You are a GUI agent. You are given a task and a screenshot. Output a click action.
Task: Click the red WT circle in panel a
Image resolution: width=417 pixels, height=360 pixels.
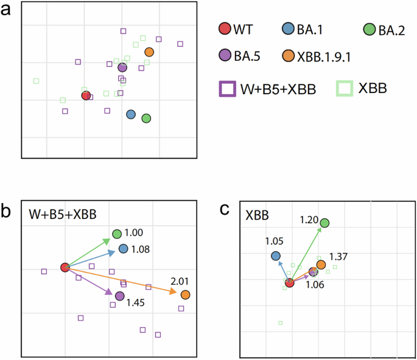coord(86,95)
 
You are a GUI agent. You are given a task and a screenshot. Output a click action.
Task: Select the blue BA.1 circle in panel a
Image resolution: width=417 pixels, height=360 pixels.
coord(131,114)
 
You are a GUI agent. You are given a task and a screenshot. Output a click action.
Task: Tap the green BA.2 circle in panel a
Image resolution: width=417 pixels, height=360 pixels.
coord(146,118)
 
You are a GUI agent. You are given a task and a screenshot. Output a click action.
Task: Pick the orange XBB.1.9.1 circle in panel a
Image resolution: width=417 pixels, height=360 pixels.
coord(149,52)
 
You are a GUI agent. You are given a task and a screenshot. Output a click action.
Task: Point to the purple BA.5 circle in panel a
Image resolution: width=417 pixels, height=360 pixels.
coord(122,67)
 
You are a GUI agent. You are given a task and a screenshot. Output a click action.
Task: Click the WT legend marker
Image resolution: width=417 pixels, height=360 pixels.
coord(224,29)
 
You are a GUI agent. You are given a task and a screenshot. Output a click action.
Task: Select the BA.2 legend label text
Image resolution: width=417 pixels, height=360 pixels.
coord(392,29)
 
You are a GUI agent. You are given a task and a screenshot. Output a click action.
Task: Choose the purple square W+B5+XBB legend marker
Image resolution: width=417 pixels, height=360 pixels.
coord(227,89)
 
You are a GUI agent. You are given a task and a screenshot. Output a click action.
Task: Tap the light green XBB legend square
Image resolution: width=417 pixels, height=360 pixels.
coord(344,89)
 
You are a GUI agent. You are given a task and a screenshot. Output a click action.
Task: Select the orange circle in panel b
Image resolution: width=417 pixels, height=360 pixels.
coord(185,294)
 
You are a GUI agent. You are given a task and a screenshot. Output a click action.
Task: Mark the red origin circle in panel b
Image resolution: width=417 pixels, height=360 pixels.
coord(65,268)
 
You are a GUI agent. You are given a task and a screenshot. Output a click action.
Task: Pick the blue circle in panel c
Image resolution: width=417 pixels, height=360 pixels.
coord(276,256)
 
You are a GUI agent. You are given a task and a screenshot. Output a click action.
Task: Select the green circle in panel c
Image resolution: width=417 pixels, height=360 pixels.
coord(324,223)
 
